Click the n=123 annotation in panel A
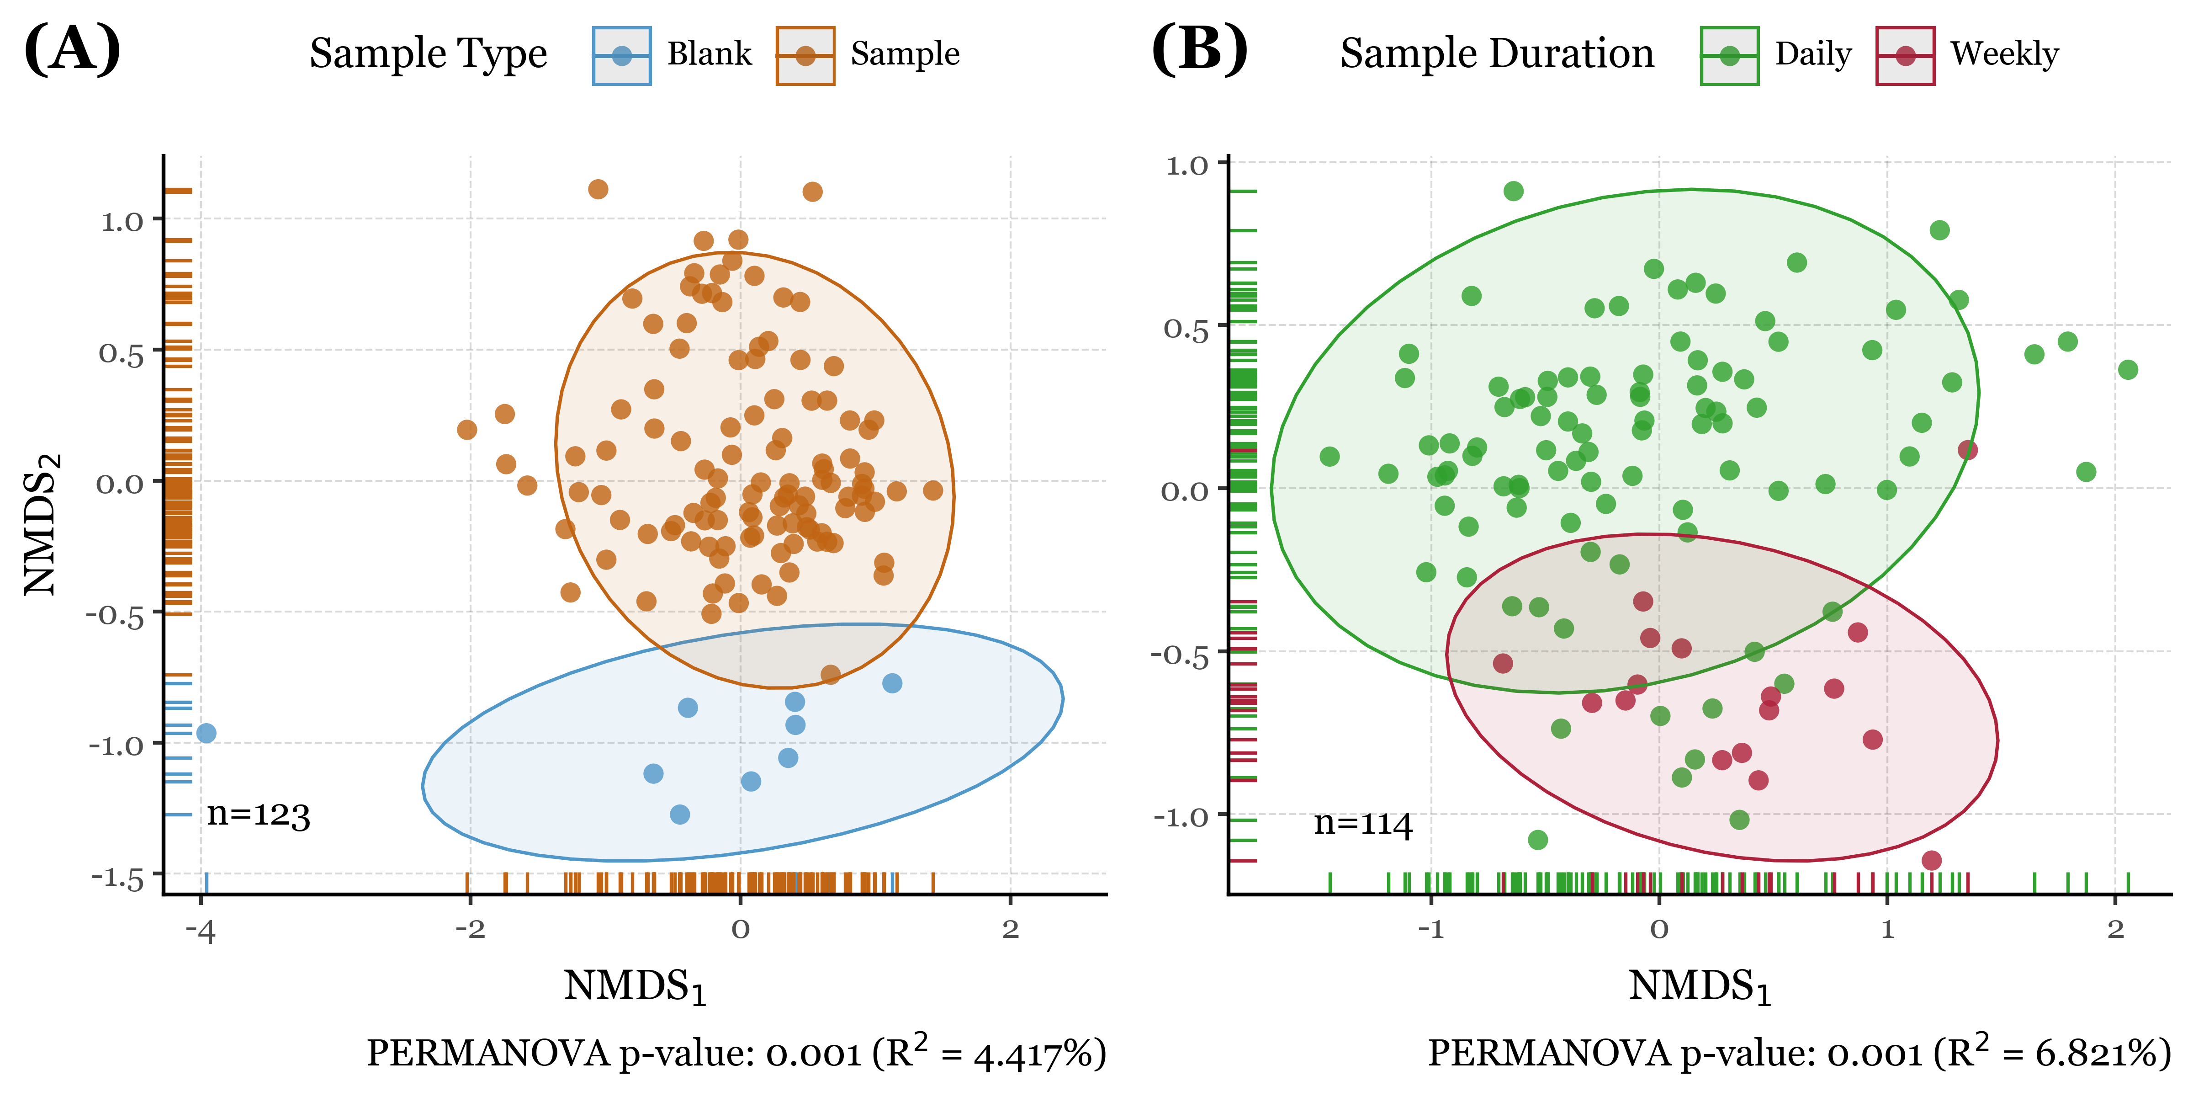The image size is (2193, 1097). click(x=258, y=815)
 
